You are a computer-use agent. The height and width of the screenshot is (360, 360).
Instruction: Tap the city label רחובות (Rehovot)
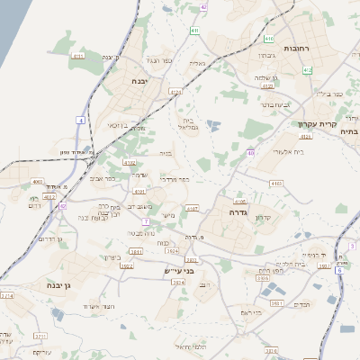[295, 47]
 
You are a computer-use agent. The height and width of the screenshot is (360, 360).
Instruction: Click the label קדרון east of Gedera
[263, 218]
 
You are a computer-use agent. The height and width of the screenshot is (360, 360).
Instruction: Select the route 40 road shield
[250, 154]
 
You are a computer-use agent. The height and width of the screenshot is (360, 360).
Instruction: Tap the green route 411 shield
[195, 31]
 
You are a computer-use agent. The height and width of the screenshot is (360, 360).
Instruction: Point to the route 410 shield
[269, 39]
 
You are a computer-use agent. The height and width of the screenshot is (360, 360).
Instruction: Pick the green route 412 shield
[308, 69]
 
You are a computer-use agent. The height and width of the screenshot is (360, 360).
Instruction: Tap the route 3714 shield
[6, 295]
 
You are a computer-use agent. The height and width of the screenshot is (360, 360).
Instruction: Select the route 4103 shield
[275, 183]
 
